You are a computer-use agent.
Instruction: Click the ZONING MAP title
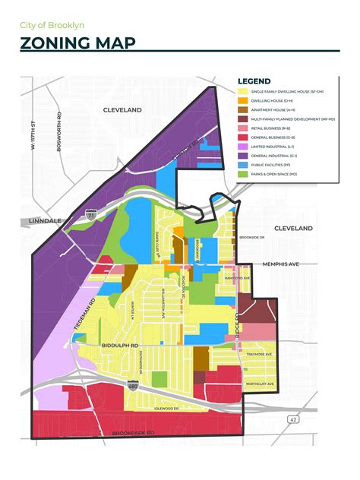coord(78,43)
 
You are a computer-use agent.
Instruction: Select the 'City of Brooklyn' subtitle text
coord(52,25)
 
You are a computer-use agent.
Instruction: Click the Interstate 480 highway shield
coord(133,387)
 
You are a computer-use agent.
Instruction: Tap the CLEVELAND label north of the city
coord(125,109)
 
